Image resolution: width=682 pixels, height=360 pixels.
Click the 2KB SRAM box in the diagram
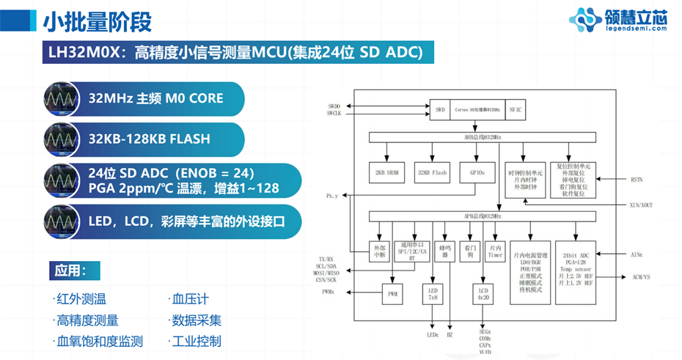[x=386, y=173]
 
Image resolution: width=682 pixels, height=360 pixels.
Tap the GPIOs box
[x=472, y=173]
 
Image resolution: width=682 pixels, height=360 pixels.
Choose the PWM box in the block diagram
[x=392, y=295]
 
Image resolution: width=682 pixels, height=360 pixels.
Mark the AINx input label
[x=637, y=254]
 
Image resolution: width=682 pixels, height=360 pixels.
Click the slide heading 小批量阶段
[x=97, y=22]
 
